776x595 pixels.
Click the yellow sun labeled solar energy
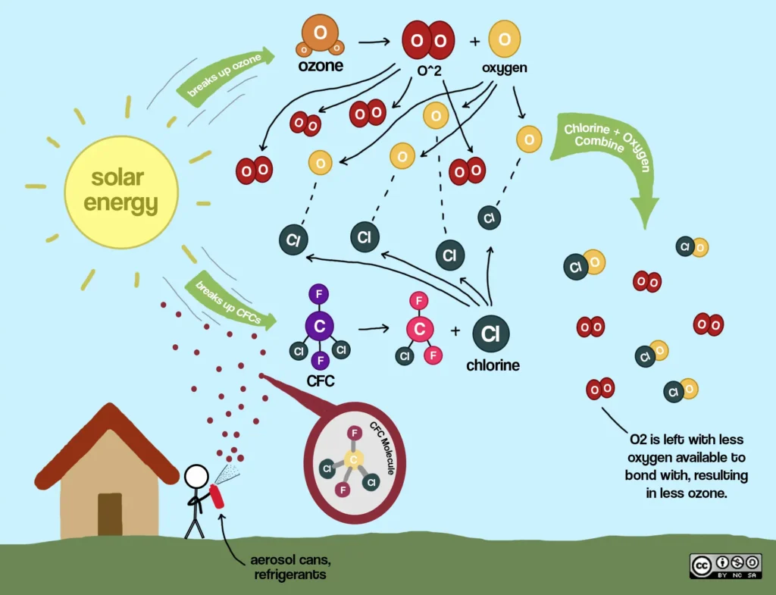click(x=121, y=191)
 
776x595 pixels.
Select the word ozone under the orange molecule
click(x=319, y=66)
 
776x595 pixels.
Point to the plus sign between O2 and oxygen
click(x=475, y=41)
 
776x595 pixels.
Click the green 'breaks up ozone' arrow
click(x=225, y=74)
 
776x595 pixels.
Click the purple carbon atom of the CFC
click(x=320, y=327)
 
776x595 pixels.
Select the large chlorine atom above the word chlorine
click(x=490, y=334)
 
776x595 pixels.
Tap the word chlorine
click(x=493, y=365)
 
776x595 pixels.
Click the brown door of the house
click(x=110, y=514)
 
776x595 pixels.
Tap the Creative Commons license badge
click(x=725, y=565)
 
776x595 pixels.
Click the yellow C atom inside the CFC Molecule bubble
click(x=352, y=459)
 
